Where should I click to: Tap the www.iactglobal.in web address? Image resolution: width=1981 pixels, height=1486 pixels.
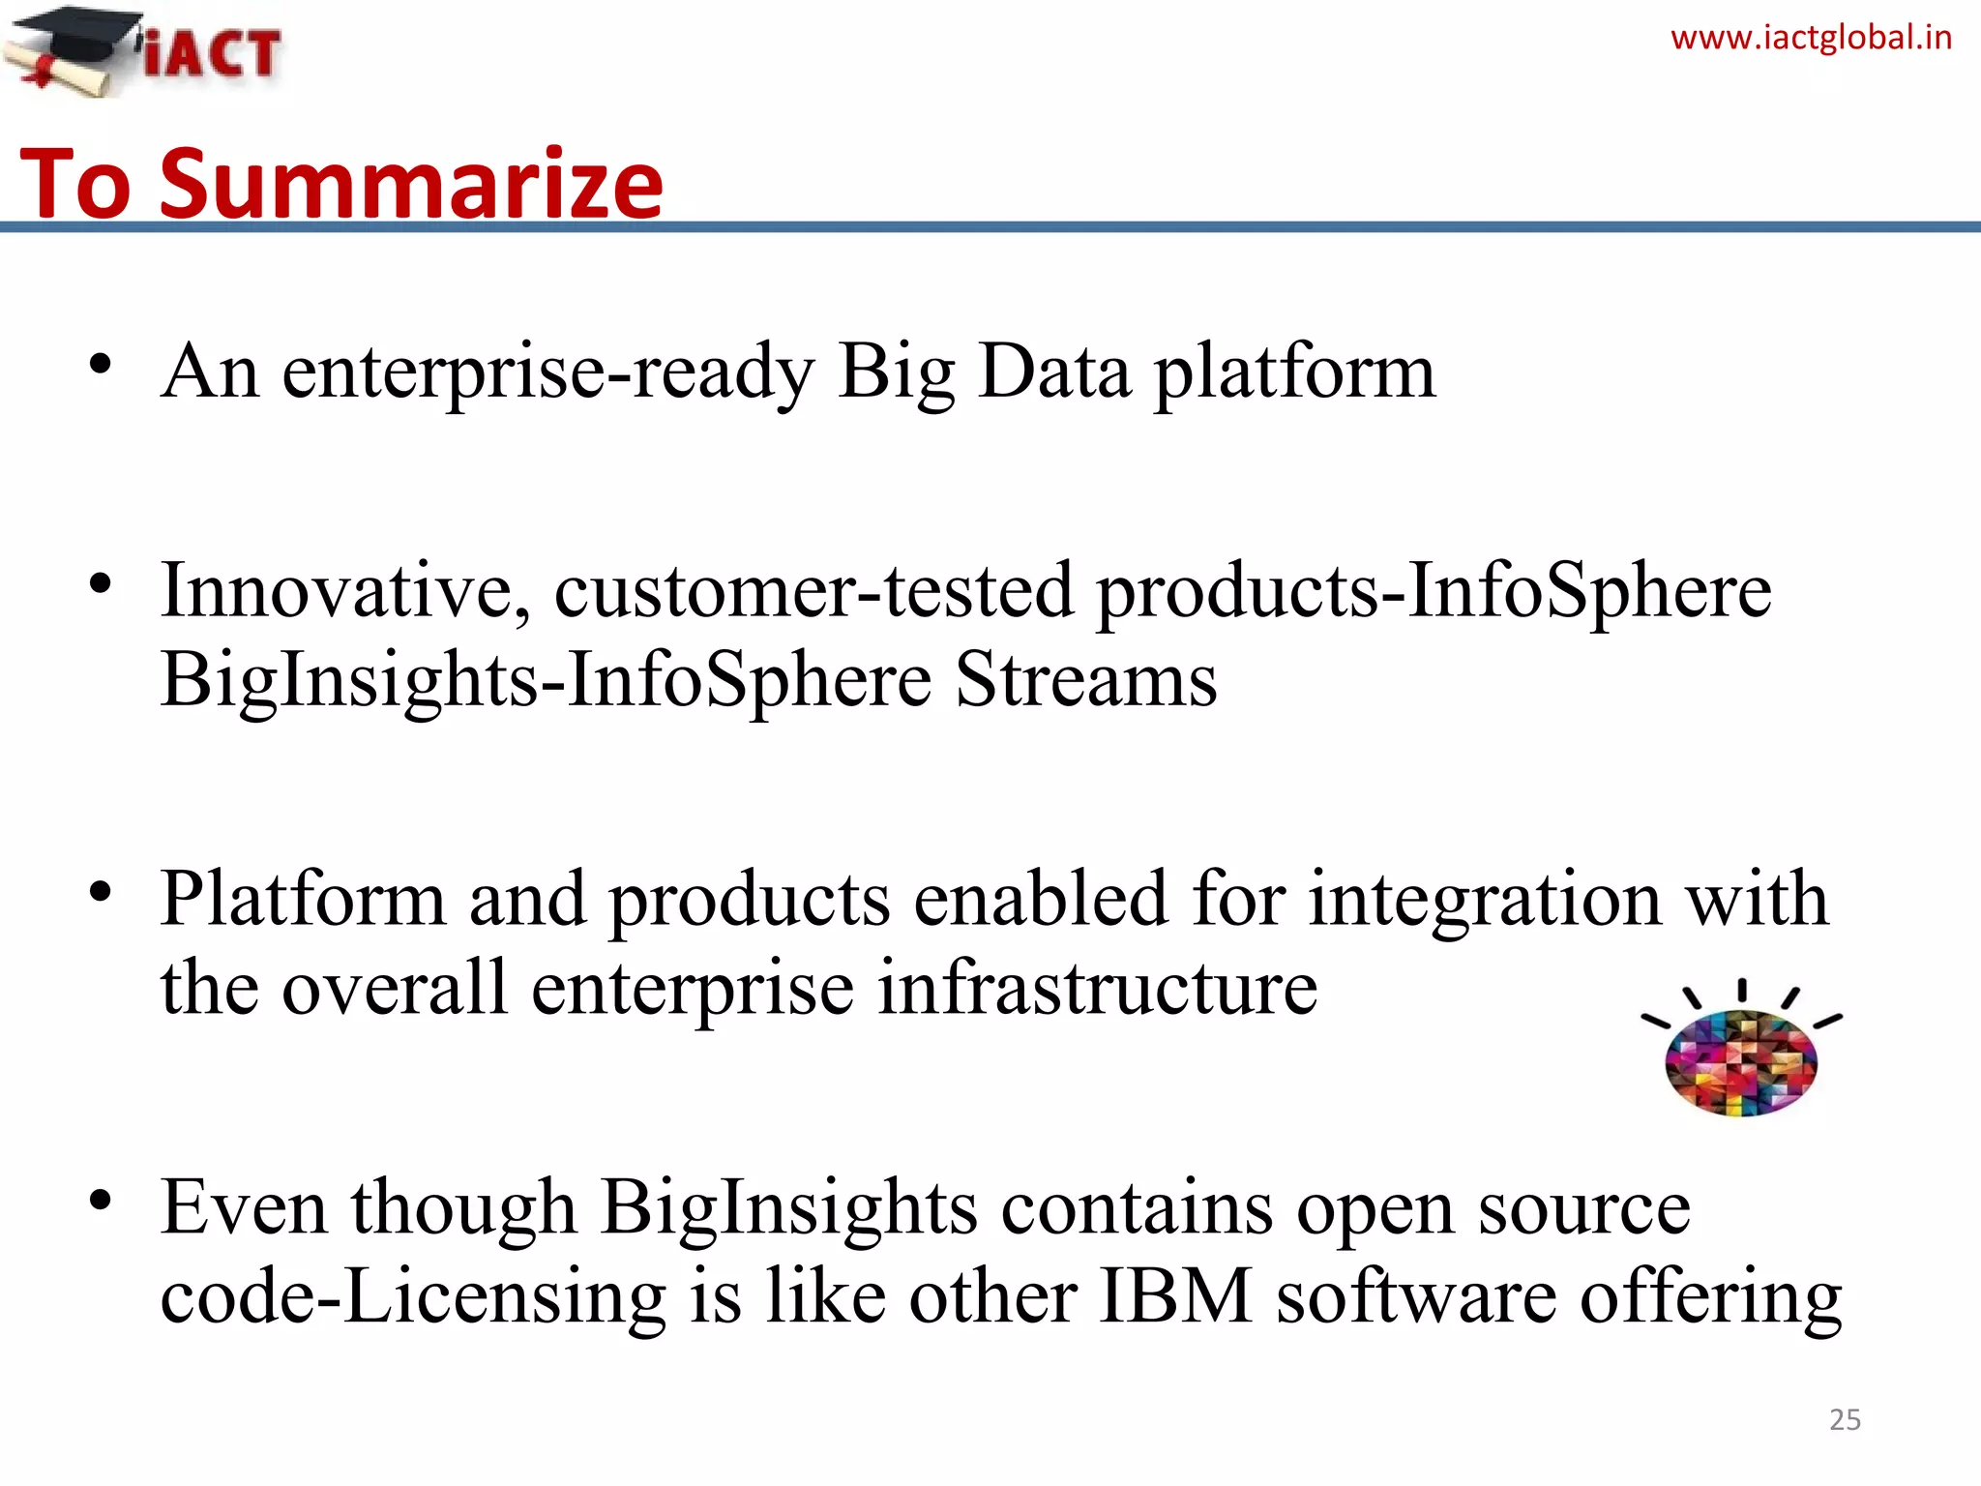point(1811,39)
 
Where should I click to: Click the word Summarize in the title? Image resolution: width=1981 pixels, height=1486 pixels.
point(411,184)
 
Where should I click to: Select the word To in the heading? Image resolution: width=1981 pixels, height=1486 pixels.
point(75,184)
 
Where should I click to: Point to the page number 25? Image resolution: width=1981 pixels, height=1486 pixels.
point(1845,1419)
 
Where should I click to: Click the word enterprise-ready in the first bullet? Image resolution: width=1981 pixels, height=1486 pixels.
point(547,372)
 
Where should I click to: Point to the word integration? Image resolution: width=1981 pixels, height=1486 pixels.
point(1485,900)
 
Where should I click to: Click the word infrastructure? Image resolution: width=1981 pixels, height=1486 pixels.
point(1097,989)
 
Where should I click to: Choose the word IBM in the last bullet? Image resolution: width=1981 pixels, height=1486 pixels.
point(1175,1296)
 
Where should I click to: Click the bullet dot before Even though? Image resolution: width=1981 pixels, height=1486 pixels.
point(101,1201)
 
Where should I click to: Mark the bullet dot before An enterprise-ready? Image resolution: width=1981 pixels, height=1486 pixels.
point(101,366)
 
